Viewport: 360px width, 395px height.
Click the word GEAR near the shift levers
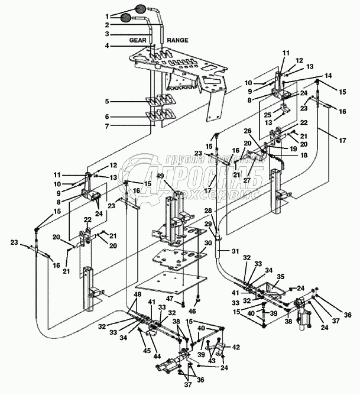pos(138,40)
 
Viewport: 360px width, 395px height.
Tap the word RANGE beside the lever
pos(177,40)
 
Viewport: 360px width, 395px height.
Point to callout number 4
pos(108,45)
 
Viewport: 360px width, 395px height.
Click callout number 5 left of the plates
pos(108,101)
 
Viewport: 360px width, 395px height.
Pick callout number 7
pos(108,125)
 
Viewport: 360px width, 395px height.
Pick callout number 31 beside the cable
pos(235,252)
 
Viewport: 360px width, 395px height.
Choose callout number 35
pos(281,276)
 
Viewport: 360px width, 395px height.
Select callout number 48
pos(137,294)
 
